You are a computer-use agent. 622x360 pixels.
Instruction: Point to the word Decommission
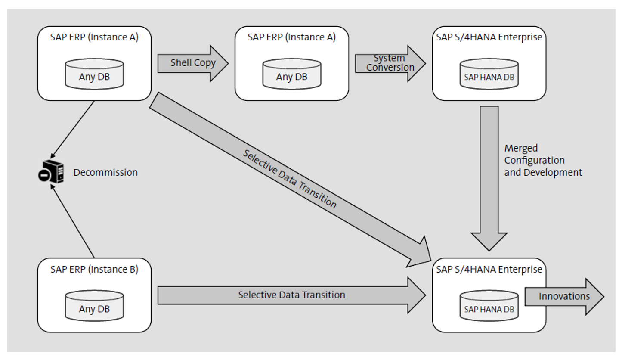105,172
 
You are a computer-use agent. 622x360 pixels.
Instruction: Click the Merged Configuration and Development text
542,160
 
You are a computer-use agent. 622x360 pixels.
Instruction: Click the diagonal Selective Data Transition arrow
289,178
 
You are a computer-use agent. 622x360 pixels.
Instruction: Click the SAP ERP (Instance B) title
94,270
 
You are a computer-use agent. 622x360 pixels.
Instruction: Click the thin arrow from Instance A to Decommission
73,128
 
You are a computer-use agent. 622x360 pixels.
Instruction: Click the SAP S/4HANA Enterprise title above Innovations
489,270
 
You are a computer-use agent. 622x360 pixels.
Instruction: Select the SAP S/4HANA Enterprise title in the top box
489,37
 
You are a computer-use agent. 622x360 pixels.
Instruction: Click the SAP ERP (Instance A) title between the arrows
291,37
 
